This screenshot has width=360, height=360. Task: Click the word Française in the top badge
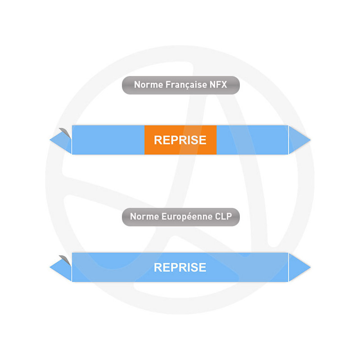pos(186,85)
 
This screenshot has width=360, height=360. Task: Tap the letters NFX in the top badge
pos(218,85)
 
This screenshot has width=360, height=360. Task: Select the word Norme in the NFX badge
pos(148,85)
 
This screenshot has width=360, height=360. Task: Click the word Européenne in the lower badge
pos(187,216)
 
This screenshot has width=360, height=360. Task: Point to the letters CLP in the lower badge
pos(223,216)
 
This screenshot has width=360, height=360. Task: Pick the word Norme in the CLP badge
pos(144,216)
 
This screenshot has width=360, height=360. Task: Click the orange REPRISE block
pos(180,140)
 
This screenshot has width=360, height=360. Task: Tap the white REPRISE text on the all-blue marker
pos(180,267)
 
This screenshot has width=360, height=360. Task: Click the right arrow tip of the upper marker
pos(310,139)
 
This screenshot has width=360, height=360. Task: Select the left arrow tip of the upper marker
pos(50,139)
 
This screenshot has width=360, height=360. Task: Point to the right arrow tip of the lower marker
pos(310,267)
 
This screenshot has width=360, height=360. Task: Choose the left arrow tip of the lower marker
pos(50,267)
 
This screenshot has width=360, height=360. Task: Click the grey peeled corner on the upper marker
pos(65,133)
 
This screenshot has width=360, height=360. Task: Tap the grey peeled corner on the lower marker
pos(65,260)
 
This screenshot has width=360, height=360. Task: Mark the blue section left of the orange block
pos(108,140)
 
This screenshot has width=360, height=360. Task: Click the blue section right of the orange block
pos(252,140)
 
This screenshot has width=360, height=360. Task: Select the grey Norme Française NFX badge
pos(181,85)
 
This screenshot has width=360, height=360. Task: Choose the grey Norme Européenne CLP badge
pos(181,217)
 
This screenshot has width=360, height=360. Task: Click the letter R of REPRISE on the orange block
pos(158,140)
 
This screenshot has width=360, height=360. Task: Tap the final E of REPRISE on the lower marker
pos(202,267)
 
